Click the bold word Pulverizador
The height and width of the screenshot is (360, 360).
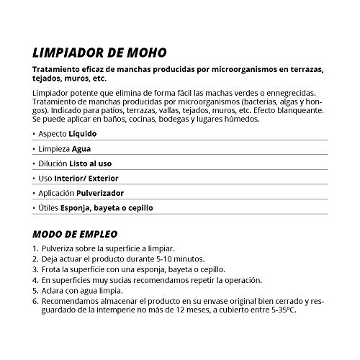click(x=106, y=194)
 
